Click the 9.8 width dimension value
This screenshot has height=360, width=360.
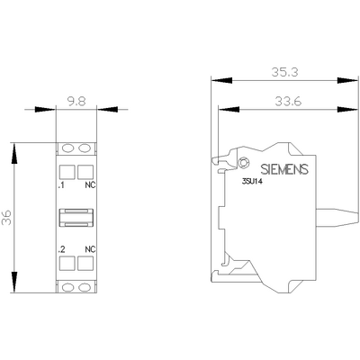pos(77,102)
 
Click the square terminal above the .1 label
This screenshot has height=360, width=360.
pos(66,171)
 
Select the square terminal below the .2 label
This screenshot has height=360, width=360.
pos(66,264)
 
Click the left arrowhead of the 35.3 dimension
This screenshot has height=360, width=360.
pos(212,78)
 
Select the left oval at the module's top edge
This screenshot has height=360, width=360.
pos(66,148)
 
